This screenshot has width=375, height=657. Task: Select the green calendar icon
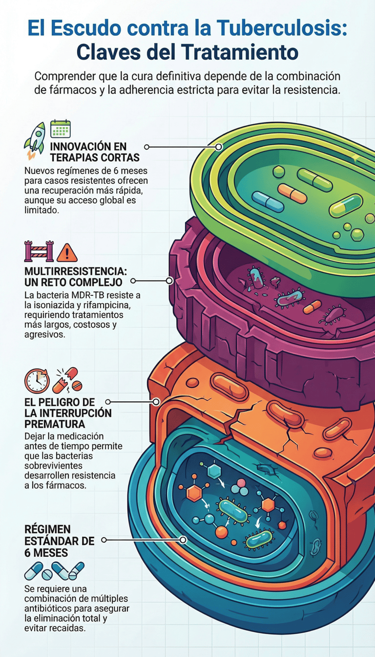coord(61,128)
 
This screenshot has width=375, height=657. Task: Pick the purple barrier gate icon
coord(39,251)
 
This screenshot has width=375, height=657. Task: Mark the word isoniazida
coord(47,306)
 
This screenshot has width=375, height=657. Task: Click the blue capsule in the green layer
coord(268,202)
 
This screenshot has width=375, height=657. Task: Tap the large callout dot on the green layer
coord(219,147)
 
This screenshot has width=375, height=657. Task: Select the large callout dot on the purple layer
coord(169,281)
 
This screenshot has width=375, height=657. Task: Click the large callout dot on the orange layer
coord(156,402)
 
